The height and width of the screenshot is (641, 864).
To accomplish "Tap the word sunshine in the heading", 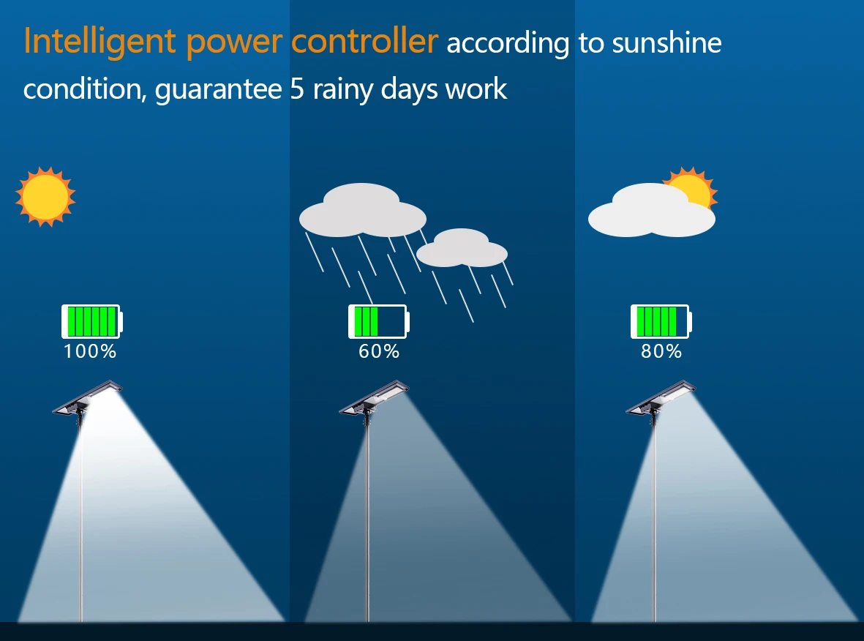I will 666,44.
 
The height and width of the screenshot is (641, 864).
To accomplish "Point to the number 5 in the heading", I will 296,89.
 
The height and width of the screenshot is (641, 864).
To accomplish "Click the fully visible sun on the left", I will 45,196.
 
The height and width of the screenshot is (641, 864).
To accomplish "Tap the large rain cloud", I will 362,212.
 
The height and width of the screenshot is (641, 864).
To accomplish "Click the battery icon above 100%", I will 92,321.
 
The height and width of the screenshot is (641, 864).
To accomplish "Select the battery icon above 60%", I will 378,321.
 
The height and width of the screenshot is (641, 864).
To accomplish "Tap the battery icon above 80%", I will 661,321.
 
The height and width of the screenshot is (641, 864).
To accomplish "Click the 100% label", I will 90,351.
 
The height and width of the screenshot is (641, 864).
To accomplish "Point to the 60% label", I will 379,351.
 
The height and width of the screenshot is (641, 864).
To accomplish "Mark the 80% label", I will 661,351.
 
